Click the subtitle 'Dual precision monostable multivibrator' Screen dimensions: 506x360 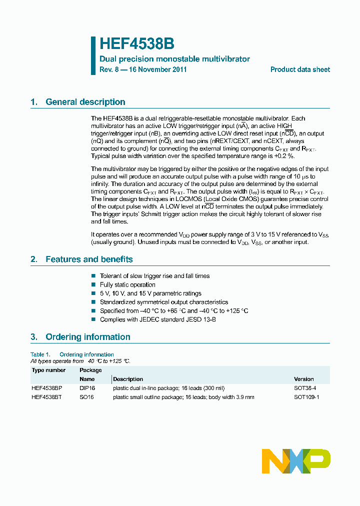(174, 59)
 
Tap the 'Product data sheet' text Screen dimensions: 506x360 (300, 69)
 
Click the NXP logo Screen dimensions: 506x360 (296, 460)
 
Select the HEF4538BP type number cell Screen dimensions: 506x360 (47, 388)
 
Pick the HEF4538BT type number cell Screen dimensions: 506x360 (47, 397)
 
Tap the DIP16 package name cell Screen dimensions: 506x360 (87, 388)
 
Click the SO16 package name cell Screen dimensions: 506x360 (86, 397)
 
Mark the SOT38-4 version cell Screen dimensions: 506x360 (305, 388)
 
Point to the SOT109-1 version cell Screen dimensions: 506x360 (306, 397)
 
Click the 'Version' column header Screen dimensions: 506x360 (304, 379)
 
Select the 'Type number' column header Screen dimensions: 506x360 (48, 370)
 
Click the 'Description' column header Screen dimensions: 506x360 (128, 379)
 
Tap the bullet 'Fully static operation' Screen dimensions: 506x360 (127, 284)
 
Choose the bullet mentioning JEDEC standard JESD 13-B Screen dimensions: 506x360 (157, 319)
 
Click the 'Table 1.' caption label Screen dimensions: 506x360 (40, 354)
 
